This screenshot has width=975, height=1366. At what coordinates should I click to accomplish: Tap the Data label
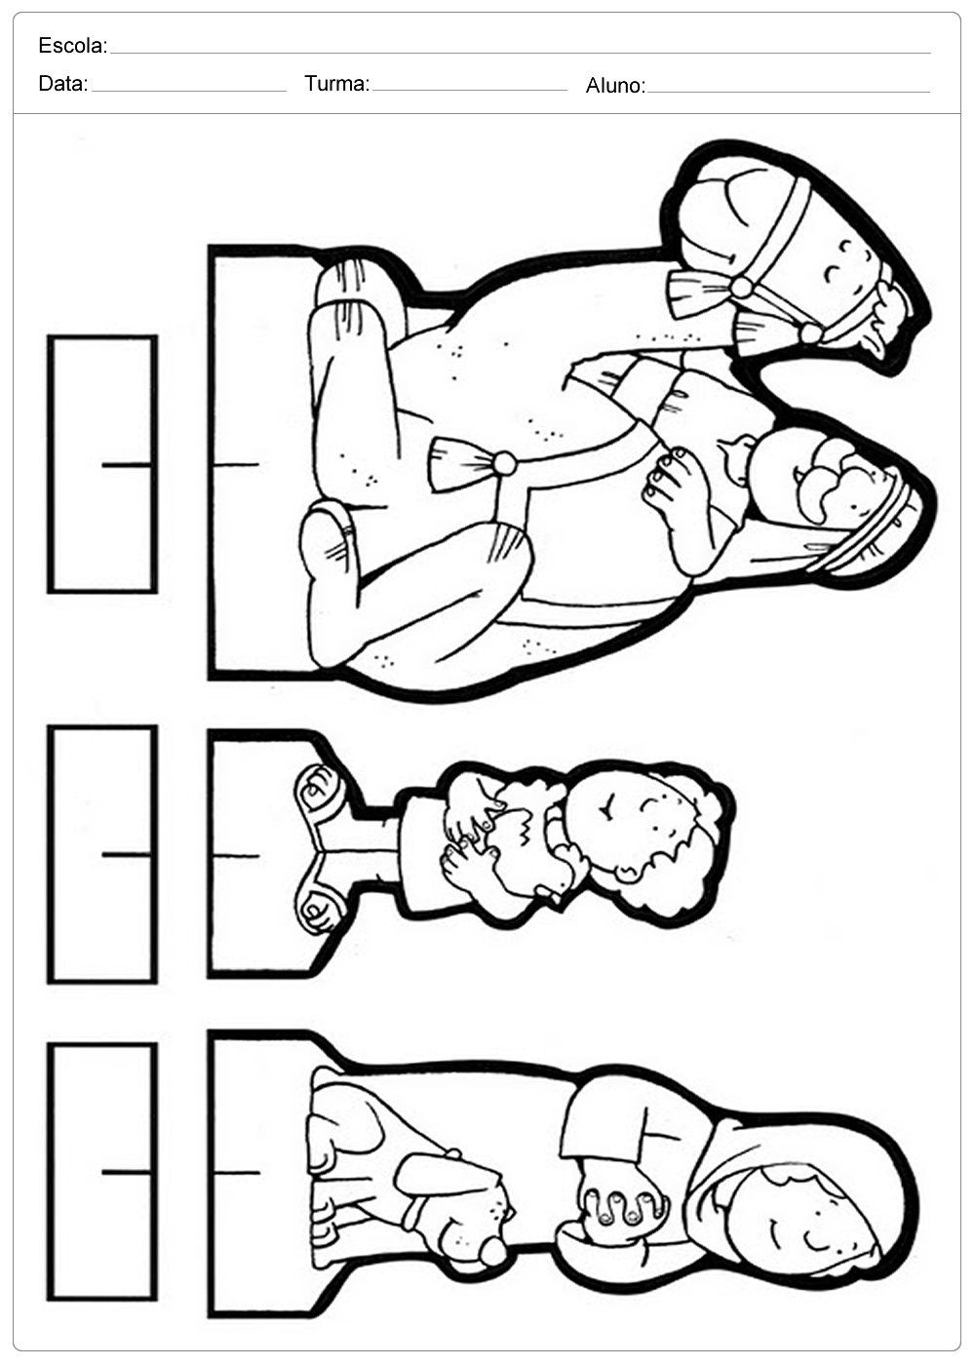62,84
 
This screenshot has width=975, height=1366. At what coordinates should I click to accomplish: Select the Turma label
337,84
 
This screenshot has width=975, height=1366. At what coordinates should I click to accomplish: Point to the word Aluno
615,86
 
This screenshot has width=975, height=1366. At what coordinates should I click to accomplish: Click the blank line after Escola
521,53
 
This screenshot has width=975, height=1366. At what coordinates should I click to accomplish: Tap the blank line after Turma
470,91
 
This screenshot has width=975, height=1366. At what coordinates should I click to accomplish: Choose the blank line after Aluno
789,92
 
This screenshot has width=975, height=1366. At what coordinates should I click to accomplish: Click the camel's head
799,256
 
